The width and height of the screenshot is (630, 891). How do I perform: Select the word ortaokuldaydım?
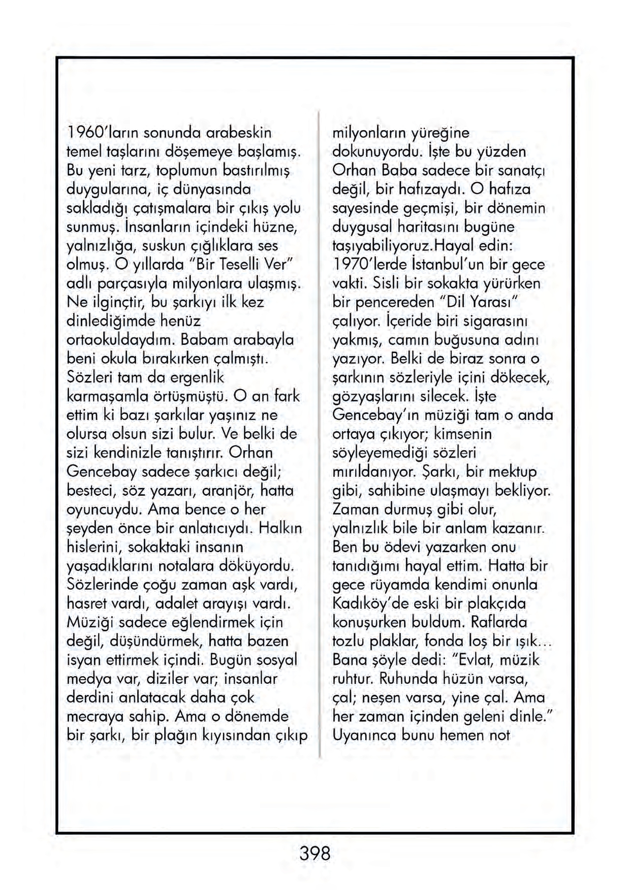click(x=120, y=339)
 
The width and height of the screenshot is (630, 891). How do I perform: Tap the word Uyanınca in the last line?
click(x=363, y=735)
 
